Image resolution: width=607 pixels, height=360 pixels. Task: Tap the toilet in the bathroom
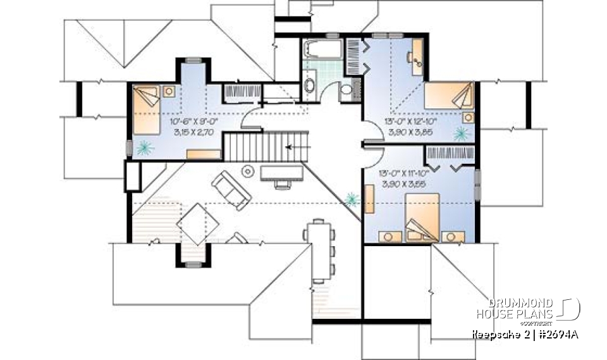tap(346, 92)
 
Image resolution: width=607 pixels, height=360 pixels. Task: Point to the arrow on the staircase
tap(293, 147)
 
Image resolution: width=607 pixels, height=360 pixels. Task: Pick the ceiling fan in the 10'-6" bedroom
tap(145, 148)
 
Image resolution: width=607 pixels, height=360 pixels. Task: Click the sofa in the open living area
tap(231, 190)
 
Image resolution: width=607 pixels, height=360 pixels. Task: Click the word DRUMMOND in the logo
tap(522, 303)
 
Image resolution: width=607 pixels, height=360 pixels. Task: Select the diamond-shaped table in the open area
tap(197, 225)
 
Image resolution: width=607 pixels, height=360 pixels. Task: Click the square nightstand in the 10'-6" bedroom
tap(169, 90)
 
